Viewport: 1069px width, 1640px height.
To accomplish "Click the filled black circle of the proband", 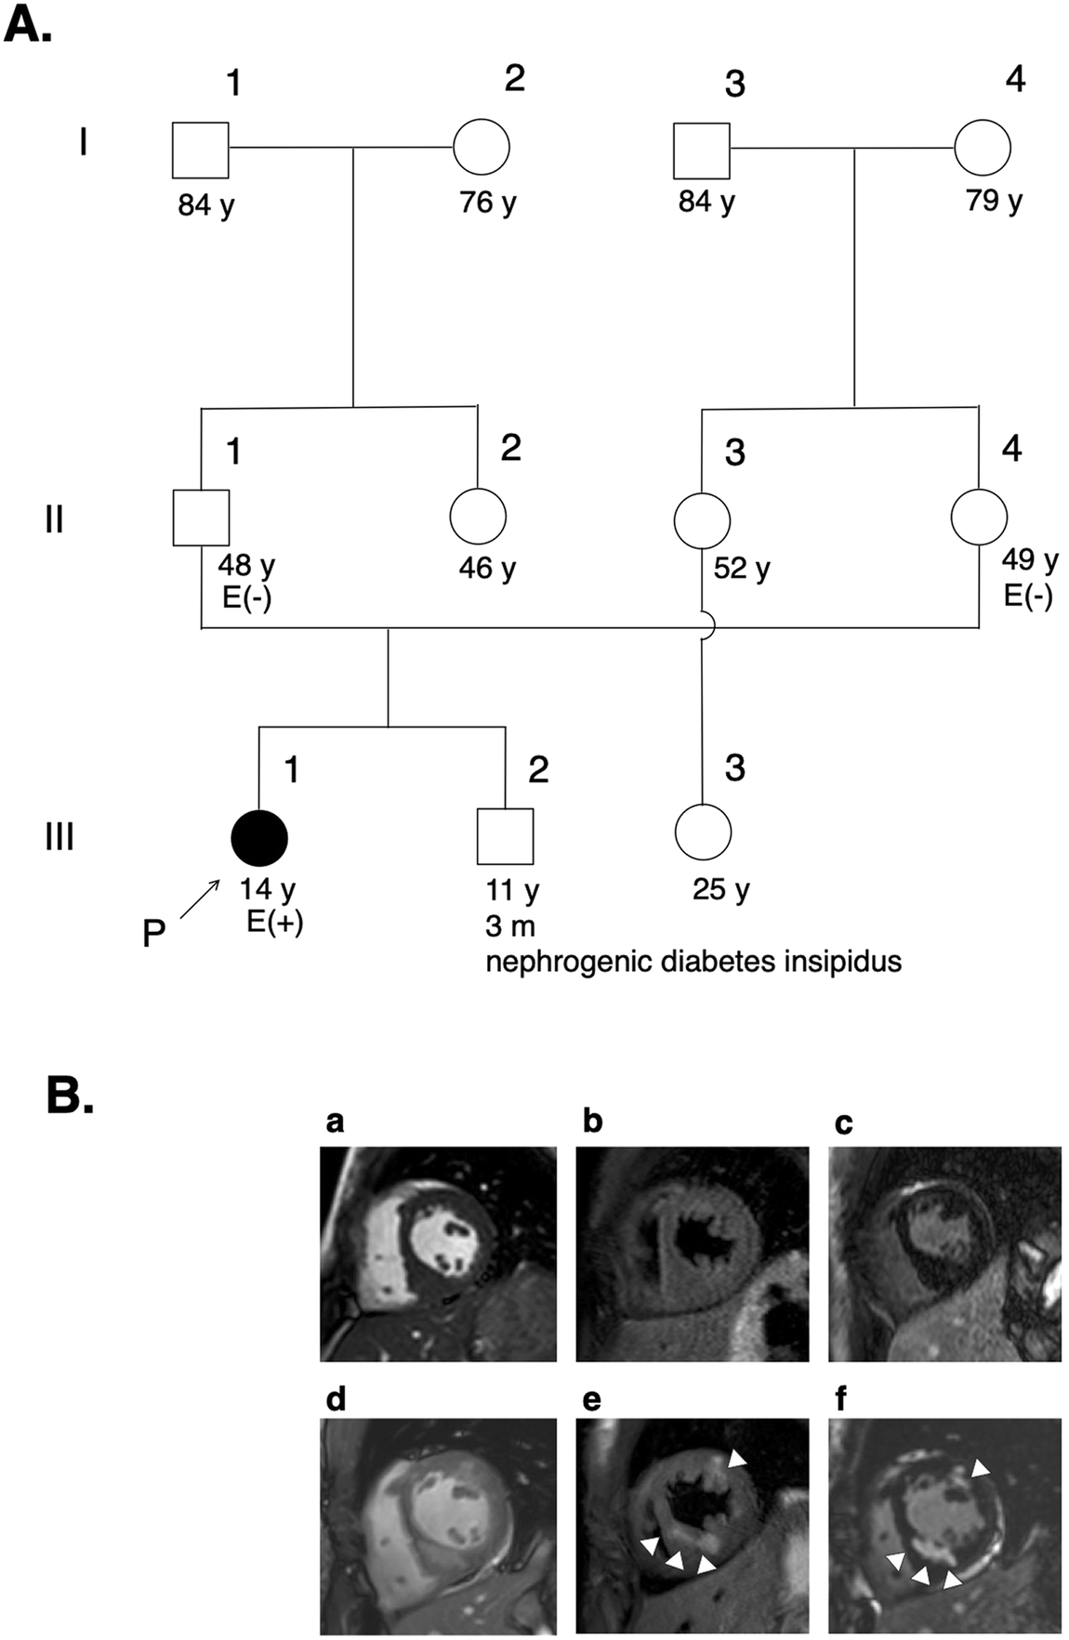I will tap(259, 837).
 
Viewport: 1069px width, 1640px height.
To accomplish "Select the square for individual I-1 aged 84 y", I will tap(200, 150).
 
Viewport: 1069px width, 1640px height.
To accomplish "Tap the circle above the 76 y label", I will tap(482, 147).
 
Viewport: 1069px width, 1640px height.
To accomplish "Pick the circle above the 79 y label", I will tap(983, 147).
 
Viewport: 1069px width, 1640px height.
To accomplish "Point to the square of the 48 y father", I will tap(201, 518).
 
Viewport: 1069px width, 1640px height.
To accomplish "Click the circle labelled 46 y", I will tap(478, 517).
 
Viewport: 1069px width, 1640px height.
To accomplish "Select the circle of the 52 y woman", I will tap(701, 518).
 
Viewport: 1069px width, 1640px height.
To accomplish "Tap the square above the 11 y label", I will tap(505, 836).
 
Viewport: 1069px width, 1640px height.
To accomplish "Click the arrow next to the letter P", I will tap(199, 899).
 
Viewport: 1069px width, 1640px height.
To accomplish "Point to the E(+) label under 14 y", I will tap(274, 924).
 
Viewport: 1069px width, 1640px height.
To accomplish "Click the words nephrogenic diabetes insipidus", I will tap(693, 960).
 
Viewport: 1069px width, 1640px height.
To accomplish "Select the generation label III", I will tap(59, 836).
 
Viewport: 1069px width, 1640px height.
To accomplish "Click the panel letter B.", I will tap(70, 1096).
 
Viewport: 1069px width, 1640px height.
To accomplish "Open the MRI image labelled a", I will tap(438, 1253).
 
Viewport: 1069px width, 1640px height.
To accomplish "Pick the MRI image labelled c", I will tap(944, 1253).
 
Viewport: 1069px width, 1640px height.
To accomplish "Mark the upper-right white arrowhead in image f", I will tap(980, 1468).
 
